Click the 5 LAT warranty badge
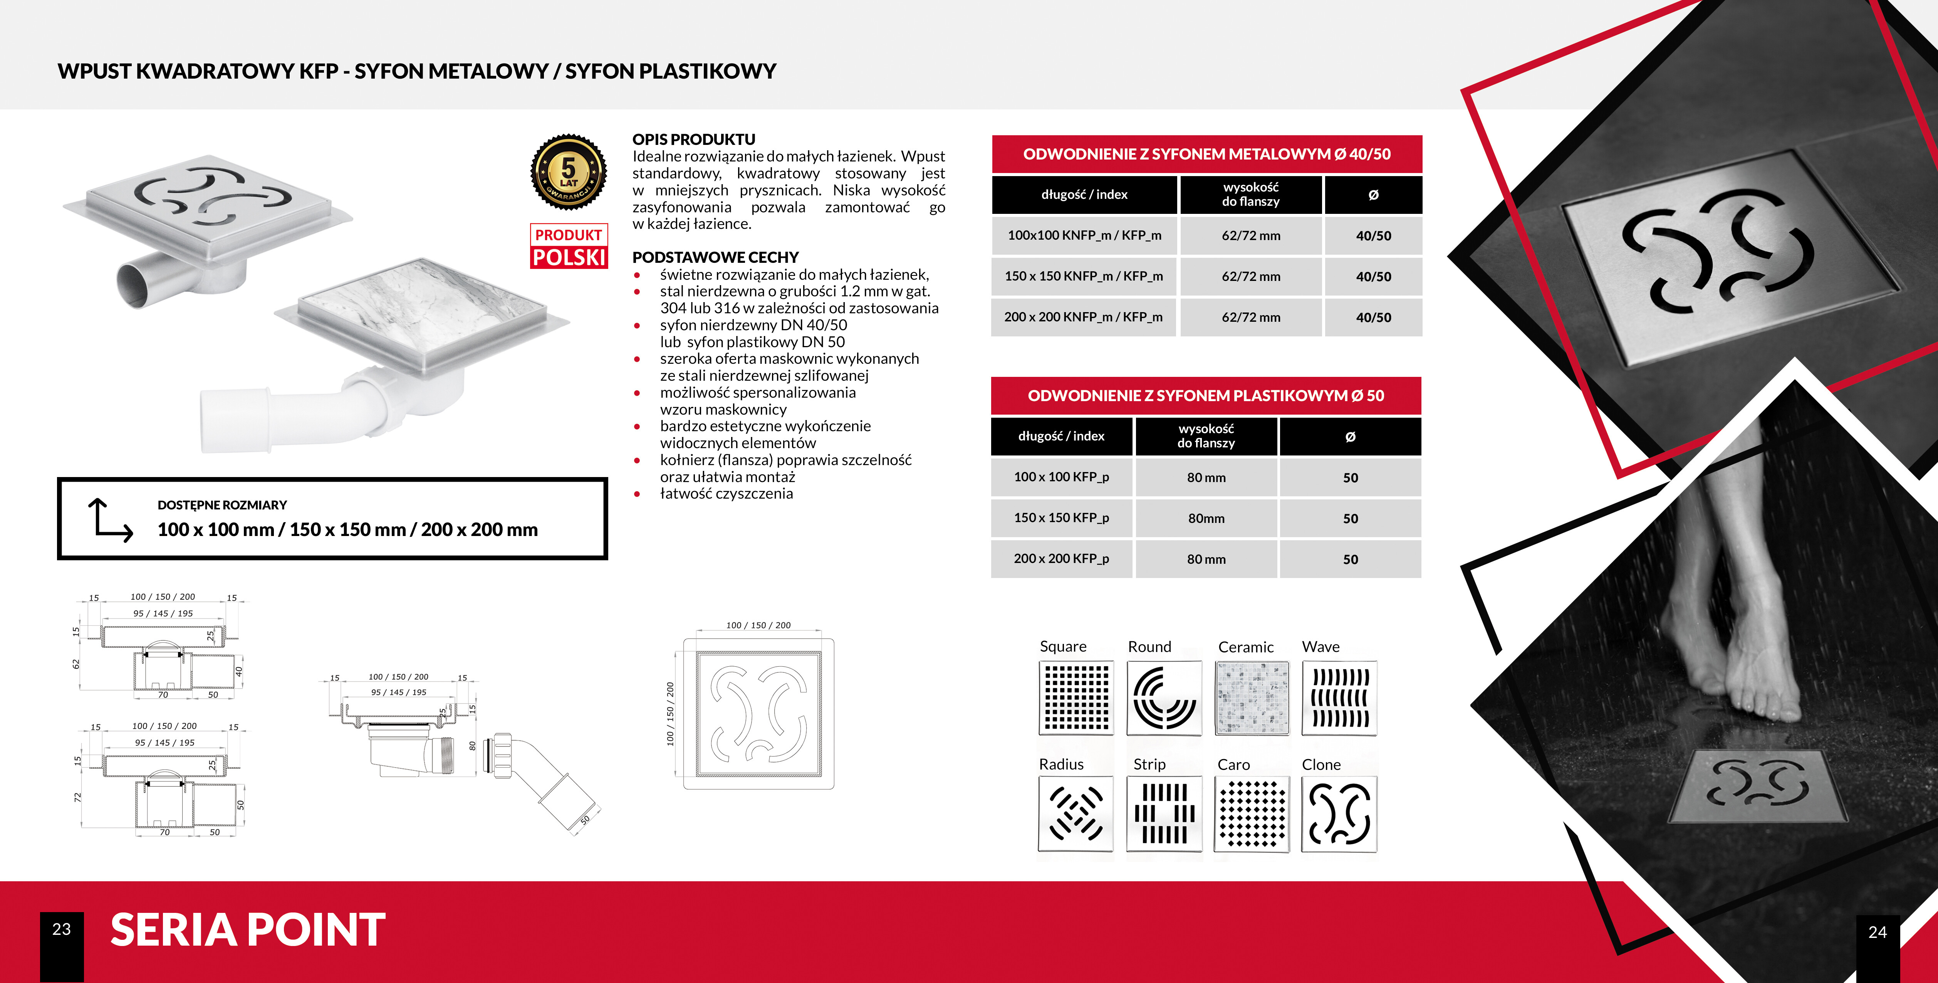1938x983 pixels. pos(569,172)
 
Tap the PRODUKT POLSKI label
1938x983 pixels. pos(569,246)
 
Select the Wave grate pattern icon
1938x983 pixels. pos(1339,698)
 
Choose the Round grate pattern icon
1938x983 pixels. pos(1164,698)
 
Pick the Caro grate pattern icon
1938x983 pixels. pos(1252,814)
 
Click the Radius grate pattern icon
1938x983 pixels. pos(1076,814)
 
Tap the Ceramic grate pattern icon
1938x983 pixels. pos(1252,698)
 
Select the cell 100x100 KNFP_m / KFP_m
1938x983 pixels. pos(1084,235)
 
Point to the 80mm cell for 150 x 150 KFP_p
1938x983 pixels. pos(1206,518)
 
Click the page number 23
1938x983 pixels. pos(62,929)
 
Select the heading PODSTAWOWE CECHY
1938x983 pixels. pos(715,257)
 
